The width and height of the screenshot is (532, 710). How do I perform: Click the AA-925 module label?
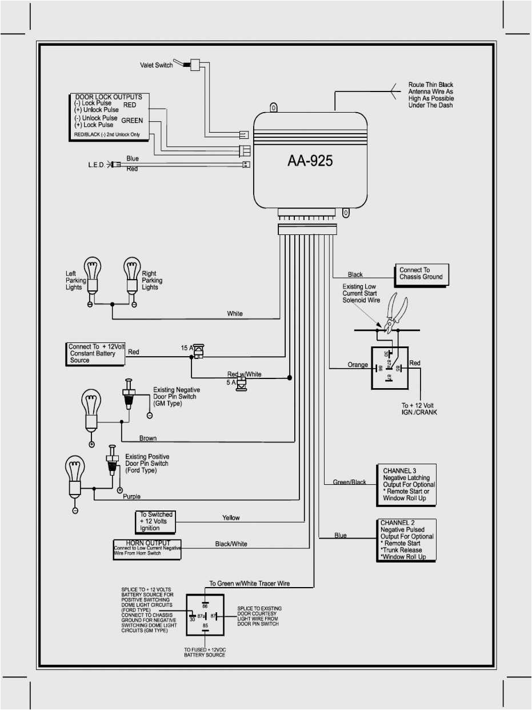click(x=310, y=161)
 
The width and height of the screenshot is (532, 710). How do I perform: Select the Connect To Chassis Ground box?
click(x=422, y=274)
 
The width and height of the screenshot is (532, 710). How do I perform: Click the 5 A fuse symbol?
click(x=242, y=383)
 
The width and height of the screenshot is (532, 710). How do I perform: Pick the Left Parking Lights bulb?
click(x=91, y=274)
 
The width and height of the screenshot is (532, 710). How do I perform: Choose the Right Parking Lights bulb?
click(x=133, y=274)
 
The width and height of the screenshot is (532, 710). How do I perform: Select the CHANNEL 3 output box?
click(x=406, y=484)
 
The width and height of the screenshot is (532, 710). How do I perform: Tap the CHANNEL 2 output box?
click(x=407, y=540)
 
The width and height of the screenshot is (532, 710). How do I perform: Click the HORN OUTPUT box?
click(x=147, y=549)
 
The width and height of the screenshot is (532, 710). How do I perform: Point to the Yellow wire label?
click(x=231, y=518)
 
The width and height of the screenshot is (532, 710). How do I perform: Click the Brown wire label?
click(x=148, y=438)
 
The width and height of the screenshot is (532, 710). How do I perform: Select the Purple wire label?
click(x=132, y=497)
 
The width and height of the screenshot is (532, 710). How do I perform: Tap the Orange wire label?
click(x=358, y=365)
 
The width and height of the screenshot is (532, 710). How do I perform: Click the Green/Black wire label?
click(x=350, y=482)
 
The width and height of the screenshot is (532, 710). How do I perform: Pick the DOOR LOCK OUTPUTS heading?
click(x=109, y=97)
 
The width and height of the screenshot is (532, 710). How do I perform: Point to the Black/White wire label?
click(x=231, y=544)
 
